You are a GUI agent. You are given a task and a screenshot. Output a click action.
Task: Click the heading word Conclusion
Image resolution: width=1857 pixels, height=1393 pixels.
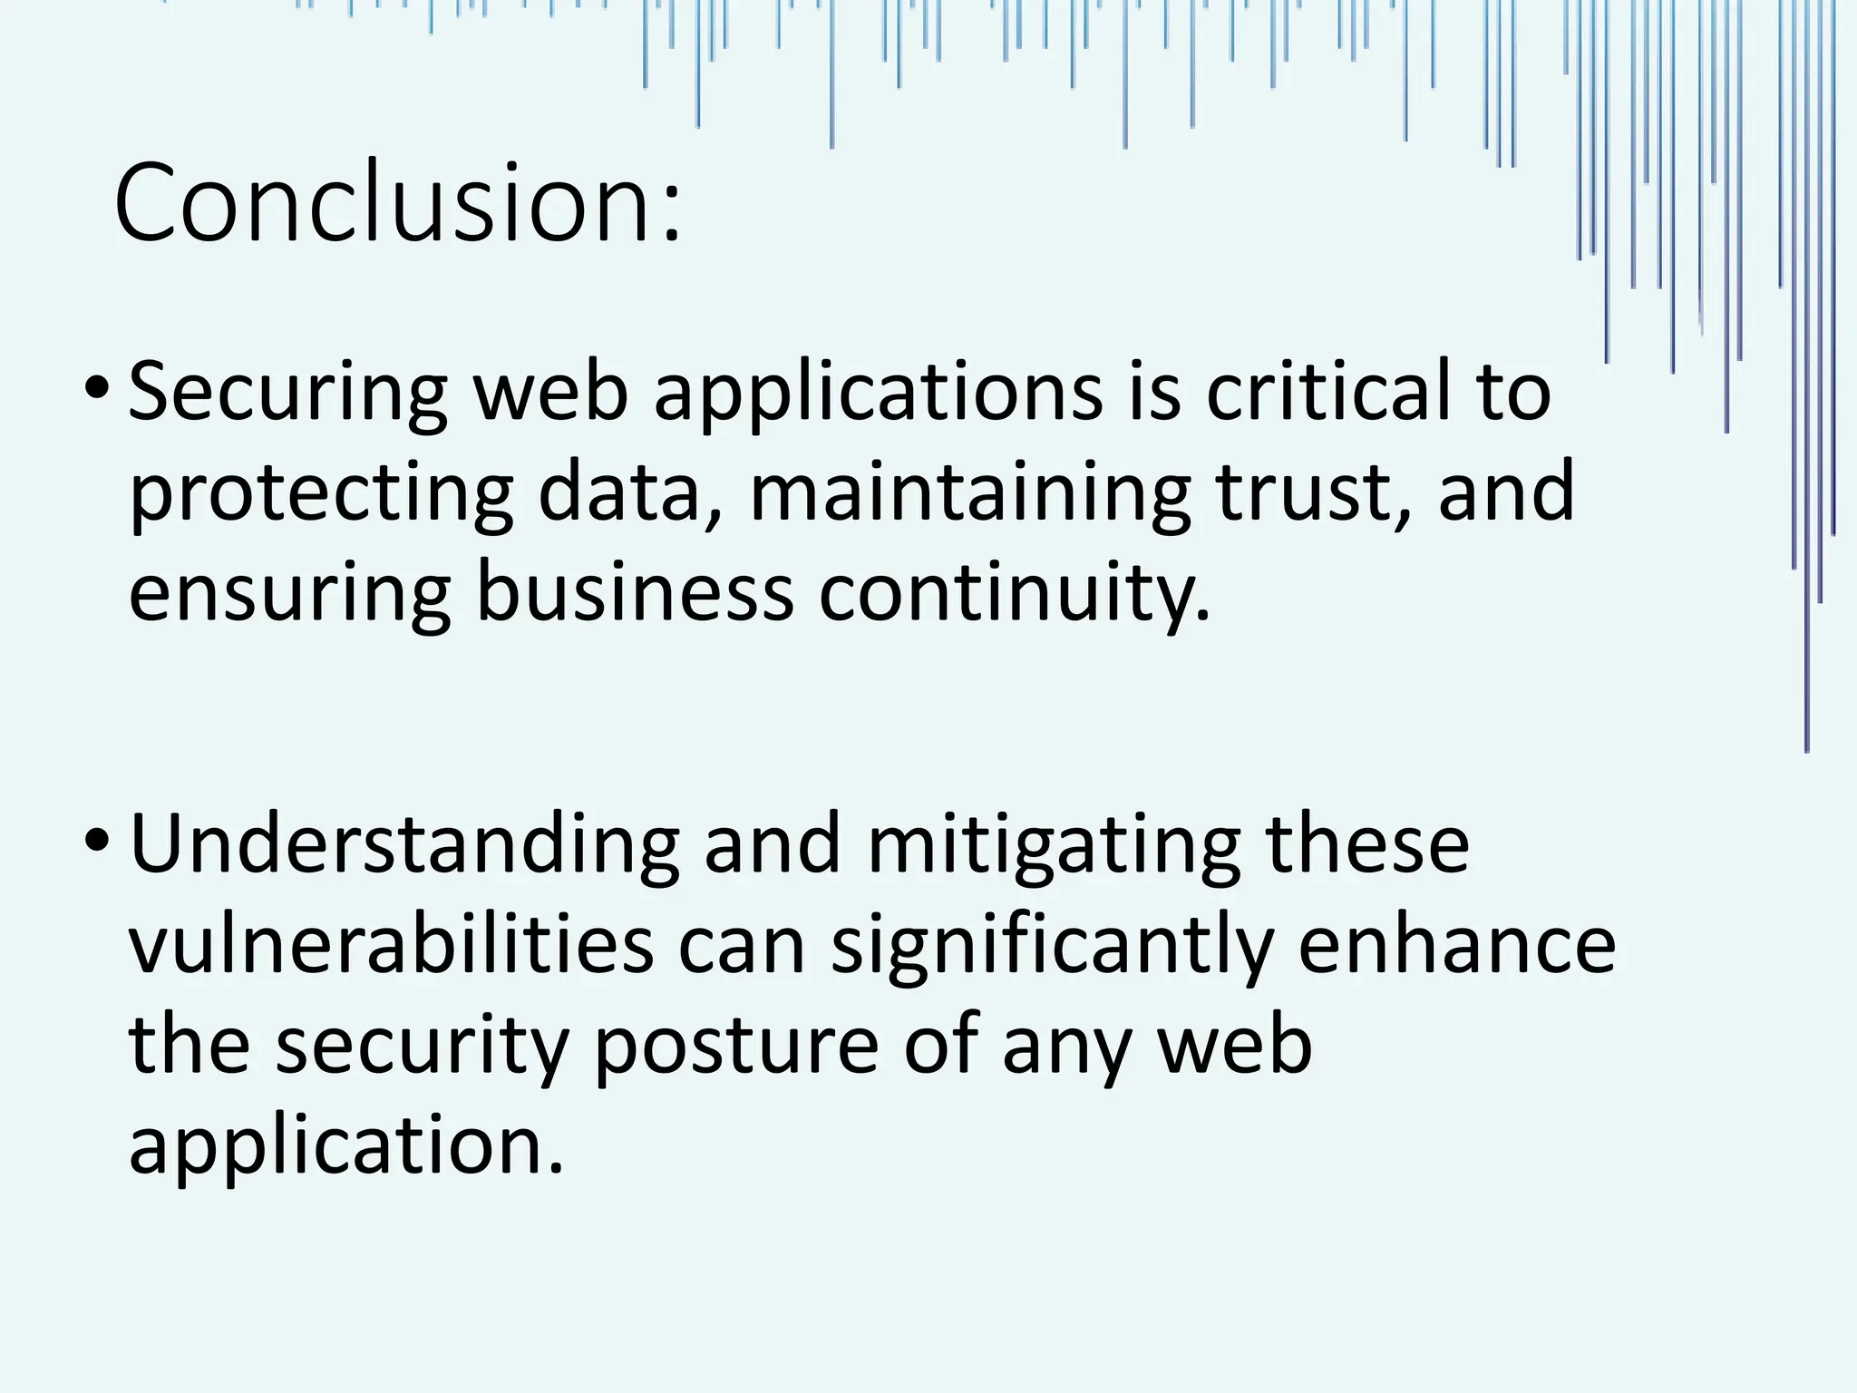coord(397,203)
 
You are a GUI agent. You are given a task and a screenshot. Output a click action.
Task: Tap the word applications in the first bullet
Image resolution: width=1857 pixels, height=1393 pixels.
coord(878,393)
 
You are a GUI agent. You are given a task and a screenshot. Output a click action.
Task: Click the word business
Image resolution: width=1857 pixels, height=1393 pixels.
coord(635,592)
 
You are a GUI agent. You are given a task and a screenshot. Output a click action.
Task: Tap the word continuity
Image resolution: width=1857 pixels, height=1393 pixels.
coord(1014,592)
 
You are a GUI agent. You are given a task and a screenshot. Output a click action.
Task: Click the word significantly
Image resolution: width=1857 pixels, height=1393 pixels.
coord(1052,946)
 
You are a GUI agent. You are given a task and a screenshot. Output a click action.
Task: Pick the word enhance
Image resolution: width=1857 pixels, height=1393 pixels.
coord(1457,946)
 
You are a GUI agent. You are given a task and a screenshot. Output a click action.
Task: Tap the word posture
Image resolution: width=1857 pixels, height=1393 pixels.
coord(736,1046)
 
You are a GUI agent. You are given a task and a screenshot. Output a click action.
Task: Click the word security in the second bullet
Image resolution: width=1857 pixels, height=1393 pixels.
coord(423,1046)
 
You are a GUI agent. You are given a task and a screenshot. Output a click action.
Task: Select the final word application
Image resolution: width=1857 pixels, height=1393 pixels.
coord(346,1145)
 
